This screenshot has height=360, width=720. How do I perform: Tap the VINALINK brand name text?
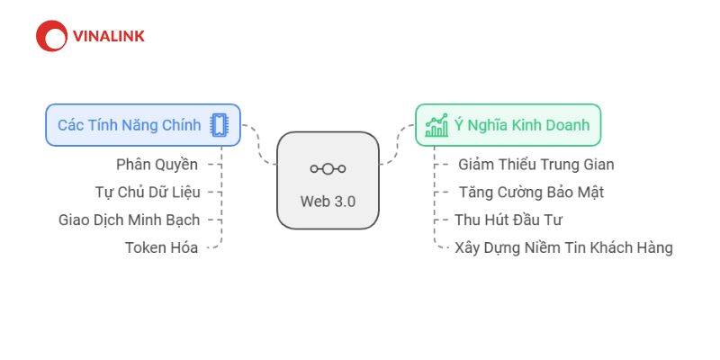109,36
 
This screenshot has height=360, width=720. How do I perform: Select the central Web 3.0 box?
328,181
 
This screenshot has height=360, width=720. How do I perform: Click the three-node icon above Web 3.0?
328,169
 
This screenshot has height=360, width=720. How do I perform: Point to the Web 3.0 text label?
328,202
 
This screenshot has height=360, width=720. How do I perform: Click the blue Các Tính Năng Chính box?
143,125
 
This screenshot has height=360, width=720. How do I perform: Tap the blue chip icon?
219,125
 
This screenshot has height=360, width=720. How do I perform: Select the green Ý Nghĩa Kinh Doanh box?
508,125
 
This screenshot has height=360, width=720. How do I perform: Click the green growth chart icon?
436,125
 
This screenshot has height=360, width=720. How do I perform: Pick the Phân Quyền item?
157,165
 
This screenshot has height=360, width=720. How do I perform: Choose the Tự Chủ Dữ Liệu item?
148,192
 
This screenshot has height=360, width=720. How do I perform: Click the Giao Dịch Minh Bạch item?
129,220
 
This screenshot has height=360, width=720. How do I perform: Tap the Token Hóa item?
162,248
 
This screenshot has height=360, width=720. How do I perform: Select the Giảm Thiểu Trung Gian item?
536,165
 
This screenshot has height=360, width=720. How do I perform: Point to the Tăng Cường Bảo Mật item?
532,192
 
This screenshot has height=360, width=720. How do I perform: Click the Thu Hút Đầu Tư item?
508,220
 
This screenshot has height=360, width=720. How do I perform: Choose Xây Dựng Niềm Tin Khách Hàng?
564,248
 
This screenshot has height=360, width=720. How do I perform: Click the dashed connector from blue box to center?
258,146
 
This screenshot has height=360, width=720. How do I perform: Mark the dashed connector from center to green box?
398,145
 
